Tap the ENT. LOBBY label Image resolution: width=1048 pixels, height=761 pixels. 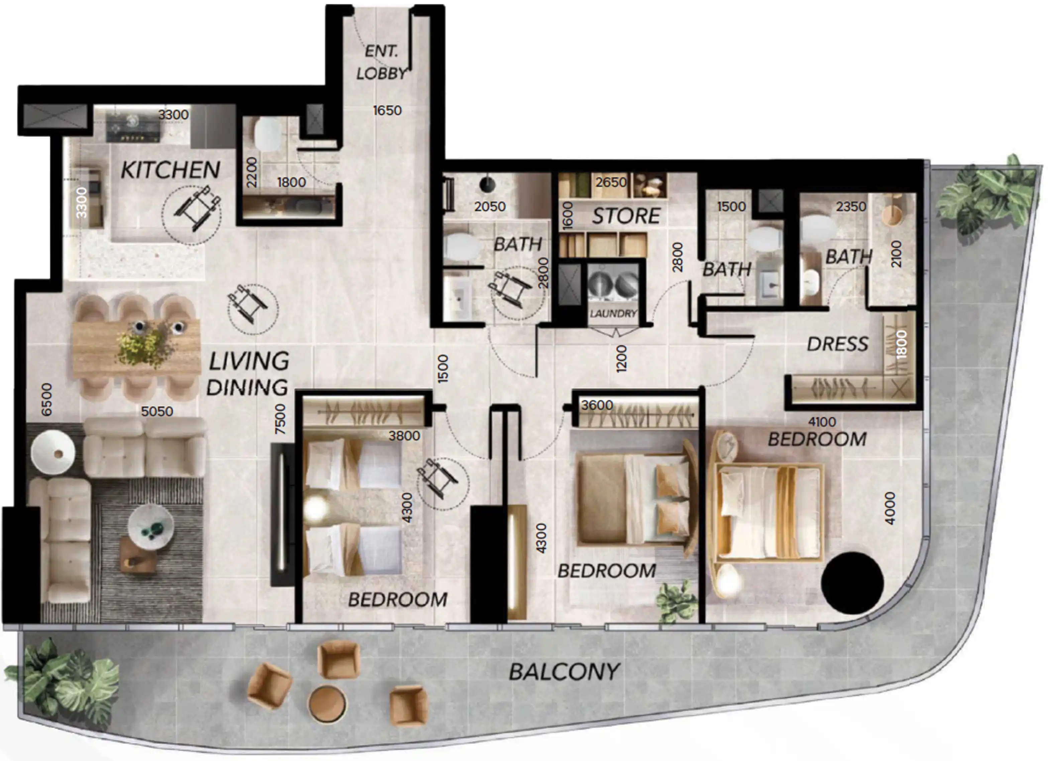[381, 62]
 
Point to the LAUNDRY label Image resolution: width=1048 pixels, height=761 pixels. [613, 313]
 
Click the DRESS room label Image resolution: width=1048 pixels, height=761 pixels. [837, 344]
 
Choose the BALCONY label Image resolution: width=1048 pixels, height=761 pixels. [564, 672]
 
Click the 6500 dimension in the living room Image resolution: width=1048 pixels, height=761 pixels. [47, 399]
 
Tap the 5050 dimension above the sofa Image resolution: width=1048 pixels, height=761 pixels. [157, 411]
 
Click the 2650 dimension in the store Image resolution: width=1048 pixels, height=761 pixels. [611, 182]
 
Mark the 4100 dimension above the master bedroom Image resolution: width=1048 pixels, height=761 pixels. [822, 421]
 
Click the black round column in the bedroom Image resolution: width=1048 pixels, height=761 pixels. [852, 583]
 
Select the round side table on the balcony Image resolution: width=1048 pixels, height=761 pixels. [327, 703]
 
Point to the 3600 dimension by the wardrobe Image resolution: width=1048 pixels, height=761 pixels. [597, 405]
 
